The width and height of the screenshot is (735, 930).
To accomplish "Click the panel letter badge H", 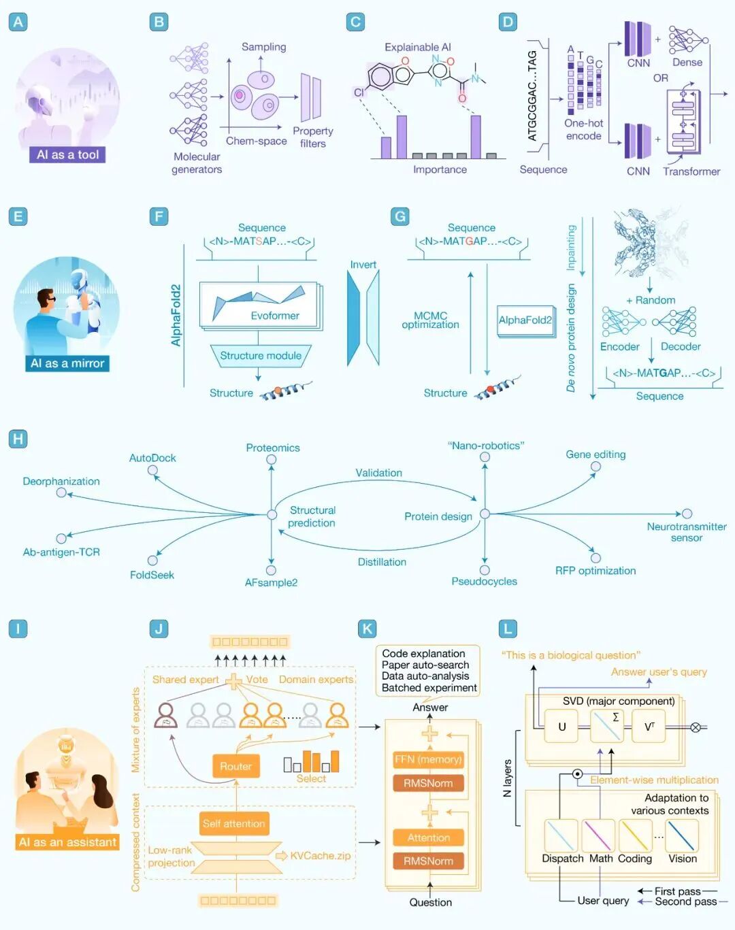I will tap(18, 439).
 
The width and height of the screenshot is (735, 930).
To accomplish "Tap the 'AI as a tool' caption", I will tap(67, 154).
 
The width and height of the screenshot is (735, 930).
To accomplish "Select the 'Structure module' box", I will tap(261, 356).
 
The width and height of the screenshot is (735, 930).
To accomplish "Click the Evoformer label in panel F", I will tap(275, 316).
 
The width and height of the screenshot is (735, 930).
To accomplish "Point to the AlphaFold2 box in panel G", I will tap(525, 320).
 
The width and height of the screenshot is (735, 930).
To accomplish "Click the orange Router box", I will tap(235, 766).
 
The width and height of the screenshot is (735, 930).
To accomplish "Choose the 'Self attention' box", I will tap(233, 823).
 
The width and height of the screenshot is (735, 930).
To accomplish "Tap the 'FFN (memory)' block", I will tap(428, 759).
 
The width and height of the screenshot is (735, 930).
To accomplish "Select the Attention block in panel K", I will tap(428, 837).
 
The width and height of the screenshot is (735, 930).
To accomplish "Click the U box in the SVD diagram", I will tap(562, 727).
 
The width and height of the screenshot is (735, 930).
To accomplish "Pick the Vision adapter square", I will tap(682, 835).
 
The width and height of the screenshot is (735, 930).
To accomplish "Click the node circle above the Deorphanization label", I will tap(61, 493).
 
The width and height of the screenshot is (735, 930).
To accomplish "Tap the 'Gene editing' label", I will tap(595, 454).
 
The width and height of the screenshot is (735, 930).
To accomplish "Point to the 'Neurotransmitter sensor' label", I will tap(686, 531).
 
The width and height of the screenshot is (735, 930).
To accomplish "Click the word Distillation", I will tap(382, 562).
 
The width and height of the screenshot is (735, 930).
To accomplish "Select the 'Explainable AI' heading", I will tap(418, 47).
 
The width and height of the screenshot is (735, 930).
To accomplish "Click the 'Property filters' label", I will tap(312, 137).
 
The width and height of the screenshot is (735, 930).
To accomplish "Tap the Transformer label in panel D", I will tap(691, 171).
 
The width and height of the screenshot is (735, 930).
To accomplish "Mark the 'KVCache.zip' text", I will tap(320, 855).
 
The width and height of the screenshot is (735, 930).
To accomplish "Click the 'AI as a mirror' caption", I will tap(67, 363).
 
